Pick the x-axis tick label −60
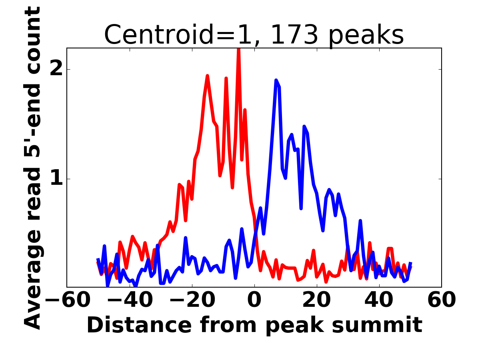[67, 300]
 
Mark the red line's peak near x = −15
[208, 76]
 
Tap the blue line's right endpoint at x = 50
[410, 263]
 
